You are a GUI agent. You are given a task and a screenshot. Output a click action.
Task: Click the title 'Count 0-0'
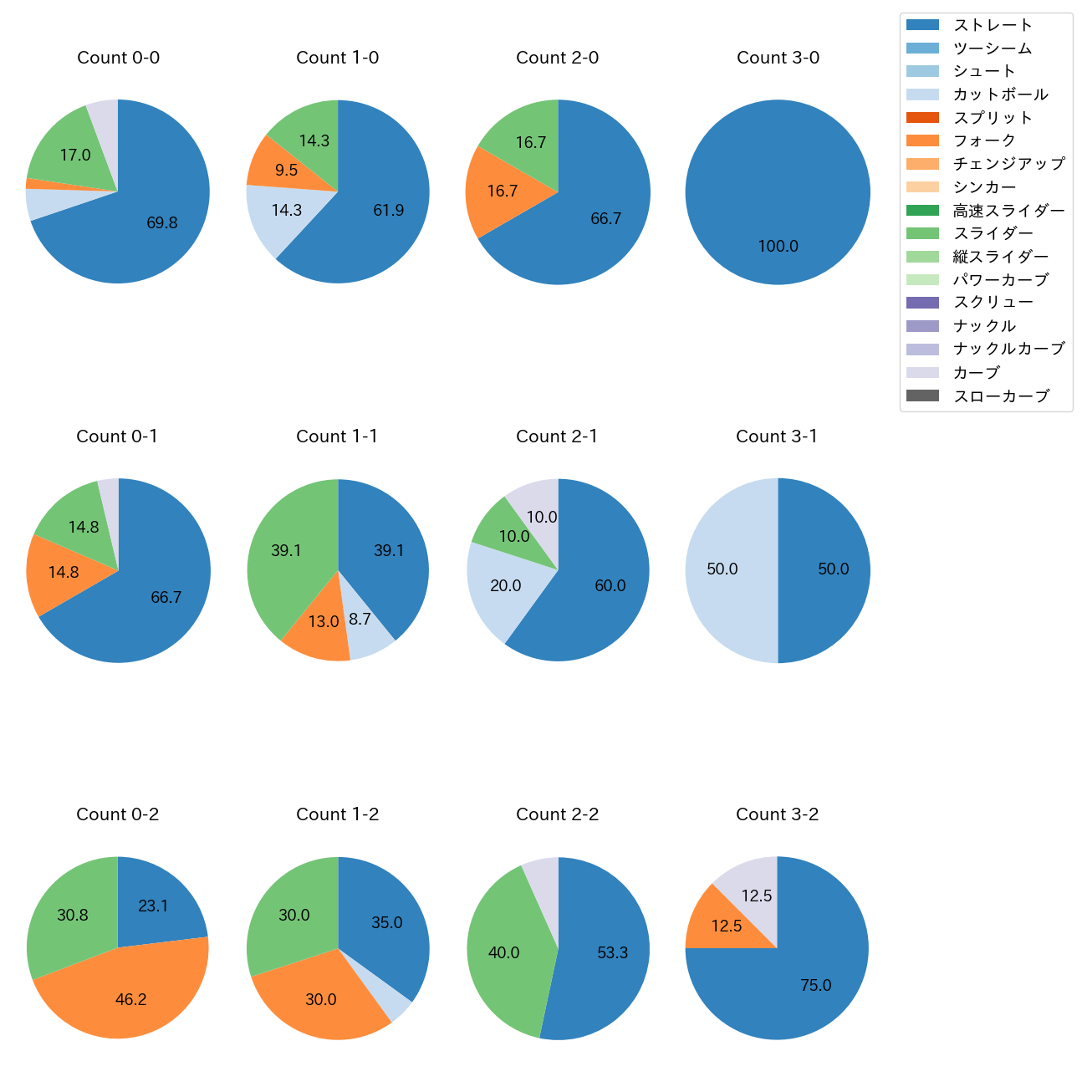[118, 58]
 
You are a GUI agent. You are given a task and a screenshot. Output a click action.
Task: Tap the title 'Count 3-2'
[777, 814]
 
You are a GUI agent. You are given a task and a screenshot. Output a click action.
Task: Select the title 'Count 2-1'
[557, 436]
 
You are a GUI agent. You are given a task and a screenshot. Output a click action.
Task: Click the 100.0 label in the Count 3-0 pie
[778, 247]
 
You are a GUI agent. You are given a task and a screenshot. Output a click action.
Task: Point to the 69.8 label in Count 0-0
[162, 223]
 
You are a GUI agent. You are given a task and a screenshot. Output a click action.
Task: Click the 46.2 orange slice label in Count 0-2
[131, 999]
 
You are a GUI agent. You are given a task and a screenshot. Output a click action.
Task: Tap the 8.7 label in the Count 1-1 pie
[360, 620]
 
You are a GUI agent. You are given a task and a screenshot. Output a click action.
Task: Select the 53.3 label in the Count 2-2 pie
[612, 952]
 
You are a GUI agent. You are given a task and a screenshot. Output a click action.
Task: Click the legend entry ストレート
[993, 25]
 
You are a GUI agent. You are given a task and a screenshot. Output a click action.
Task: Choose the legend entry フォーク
[984, 140]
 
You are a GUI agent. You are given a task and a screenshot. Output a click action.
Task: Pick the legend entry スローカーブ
[1001, 396]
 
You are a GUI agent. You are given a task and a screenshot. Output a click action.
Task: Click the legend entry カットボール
[1000, 94]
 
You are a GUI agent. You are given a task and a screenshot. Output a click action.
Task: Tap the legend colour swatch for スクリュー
[922, 303]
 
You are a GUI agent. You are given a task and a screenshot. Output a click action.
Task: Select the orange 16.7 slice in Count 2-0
[502, 191]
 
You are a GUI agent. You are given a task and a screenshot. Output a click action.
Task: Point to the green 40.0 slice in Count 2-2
[503, 952]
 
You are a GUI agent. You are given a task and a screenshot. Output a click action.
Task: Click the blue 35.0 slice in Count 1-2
[385, 920]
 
